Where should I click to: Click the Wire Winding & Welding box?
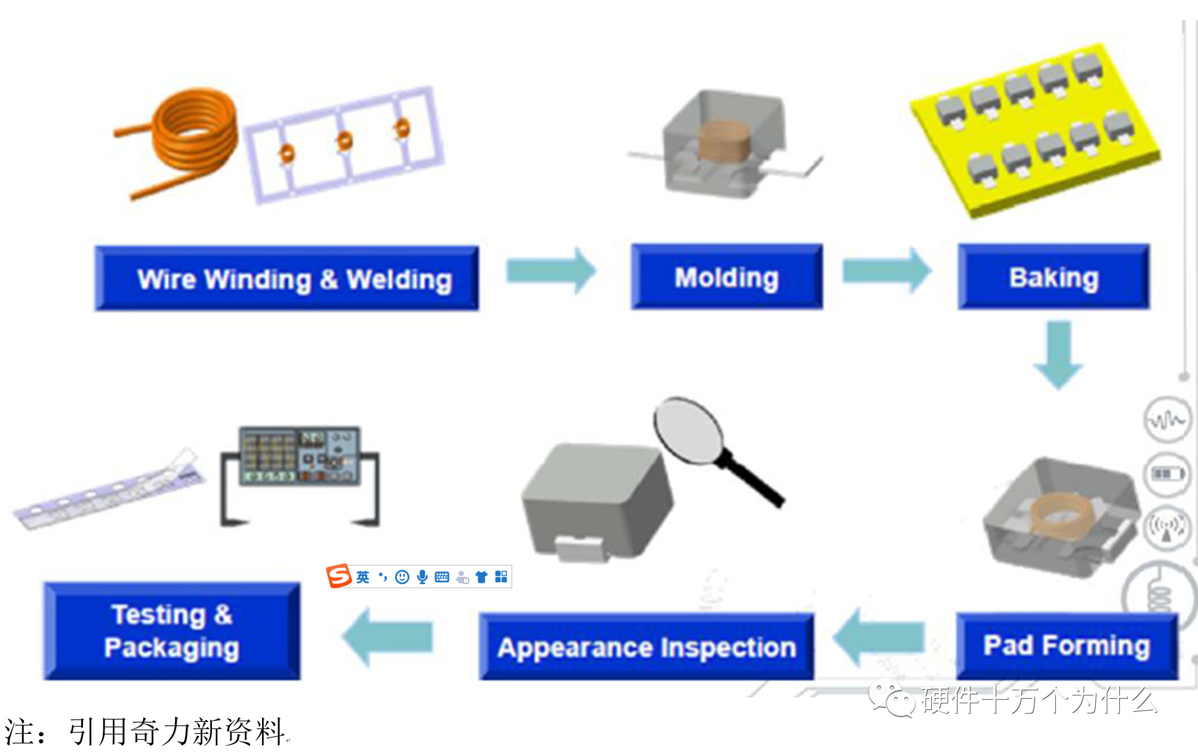[287, 278]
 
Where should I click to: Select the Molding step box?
[726, 277]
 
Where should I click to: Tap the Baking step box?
[1054, 277]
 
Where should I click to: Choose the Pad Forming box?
[1067, 646]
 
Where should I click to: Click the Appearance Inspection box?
[646, 647]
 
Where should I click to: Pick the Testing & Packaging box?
[172, 631]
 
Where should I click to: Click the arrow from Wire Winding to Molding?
[550, 271]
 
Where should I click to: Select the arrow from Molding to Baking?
[886, 271]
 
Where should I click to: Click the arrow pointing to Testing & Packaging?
[388, 637]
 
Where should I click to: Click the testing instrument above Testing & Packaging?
[300, 457]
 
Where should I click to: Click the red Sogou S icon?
[339, 576]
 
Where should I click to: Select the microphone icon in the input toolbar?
[422, 577]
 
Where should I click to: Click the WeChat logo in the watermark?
[891, 699]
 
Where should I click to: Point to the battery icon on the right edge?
[1167, 474]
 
